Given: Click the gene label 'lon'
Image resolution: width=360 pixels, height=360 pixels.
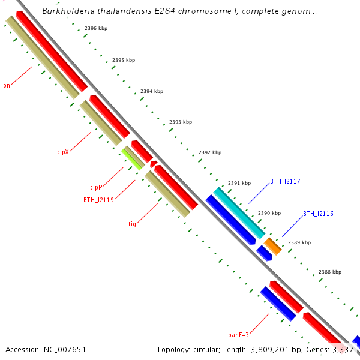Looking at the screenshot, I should coord(5,85).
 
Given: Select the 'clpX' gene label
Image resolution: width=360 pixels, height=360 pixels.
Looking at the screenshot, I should coord(63,152).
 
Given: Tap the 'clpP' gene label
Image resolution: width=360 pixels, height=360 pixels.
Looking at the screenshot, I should coord(97,187).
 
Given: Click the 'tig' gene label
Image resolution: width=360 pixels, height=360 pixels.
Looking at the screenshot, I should coord(132,224).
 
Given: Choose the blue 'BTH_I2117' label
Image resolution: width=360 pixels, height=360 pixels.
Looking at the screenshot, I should coord(285,181).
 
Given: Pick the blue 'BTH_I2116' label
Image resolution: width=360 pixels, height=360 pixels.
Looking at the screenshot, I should coord(318,214).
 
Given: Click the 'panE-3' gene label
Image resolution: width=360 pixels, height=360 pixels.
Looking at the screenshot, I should coord(238,335).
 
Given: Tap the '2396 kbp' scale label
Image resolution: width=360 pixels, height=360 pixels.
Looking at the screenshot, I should coord(96,28).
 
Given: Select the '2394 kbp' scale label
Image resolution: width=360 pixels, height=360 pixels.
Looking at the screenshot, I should coord(152,91).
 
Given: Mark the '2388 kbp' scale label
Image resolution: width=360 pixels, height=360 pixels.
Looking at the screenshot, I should coord(329,272).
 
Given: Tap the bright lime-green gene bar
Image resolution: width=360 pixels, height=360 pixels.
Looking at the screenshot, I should coord(132,158).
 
